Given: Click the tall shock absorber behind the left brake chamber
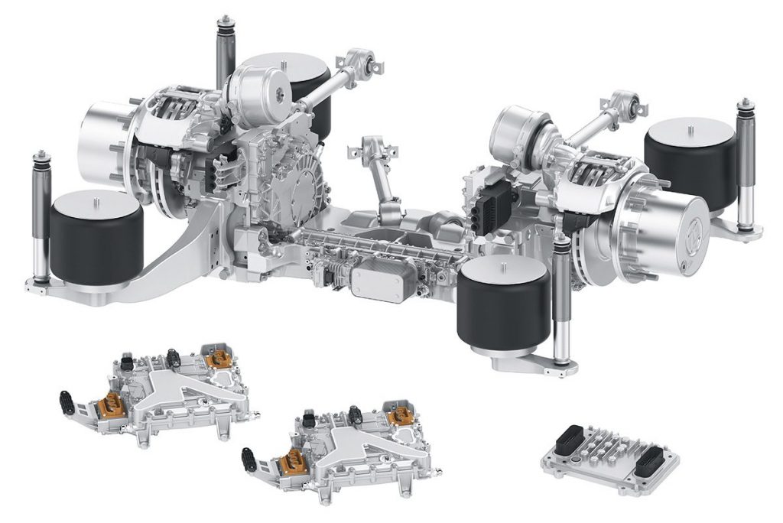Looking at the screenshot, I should coord(225,54).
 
